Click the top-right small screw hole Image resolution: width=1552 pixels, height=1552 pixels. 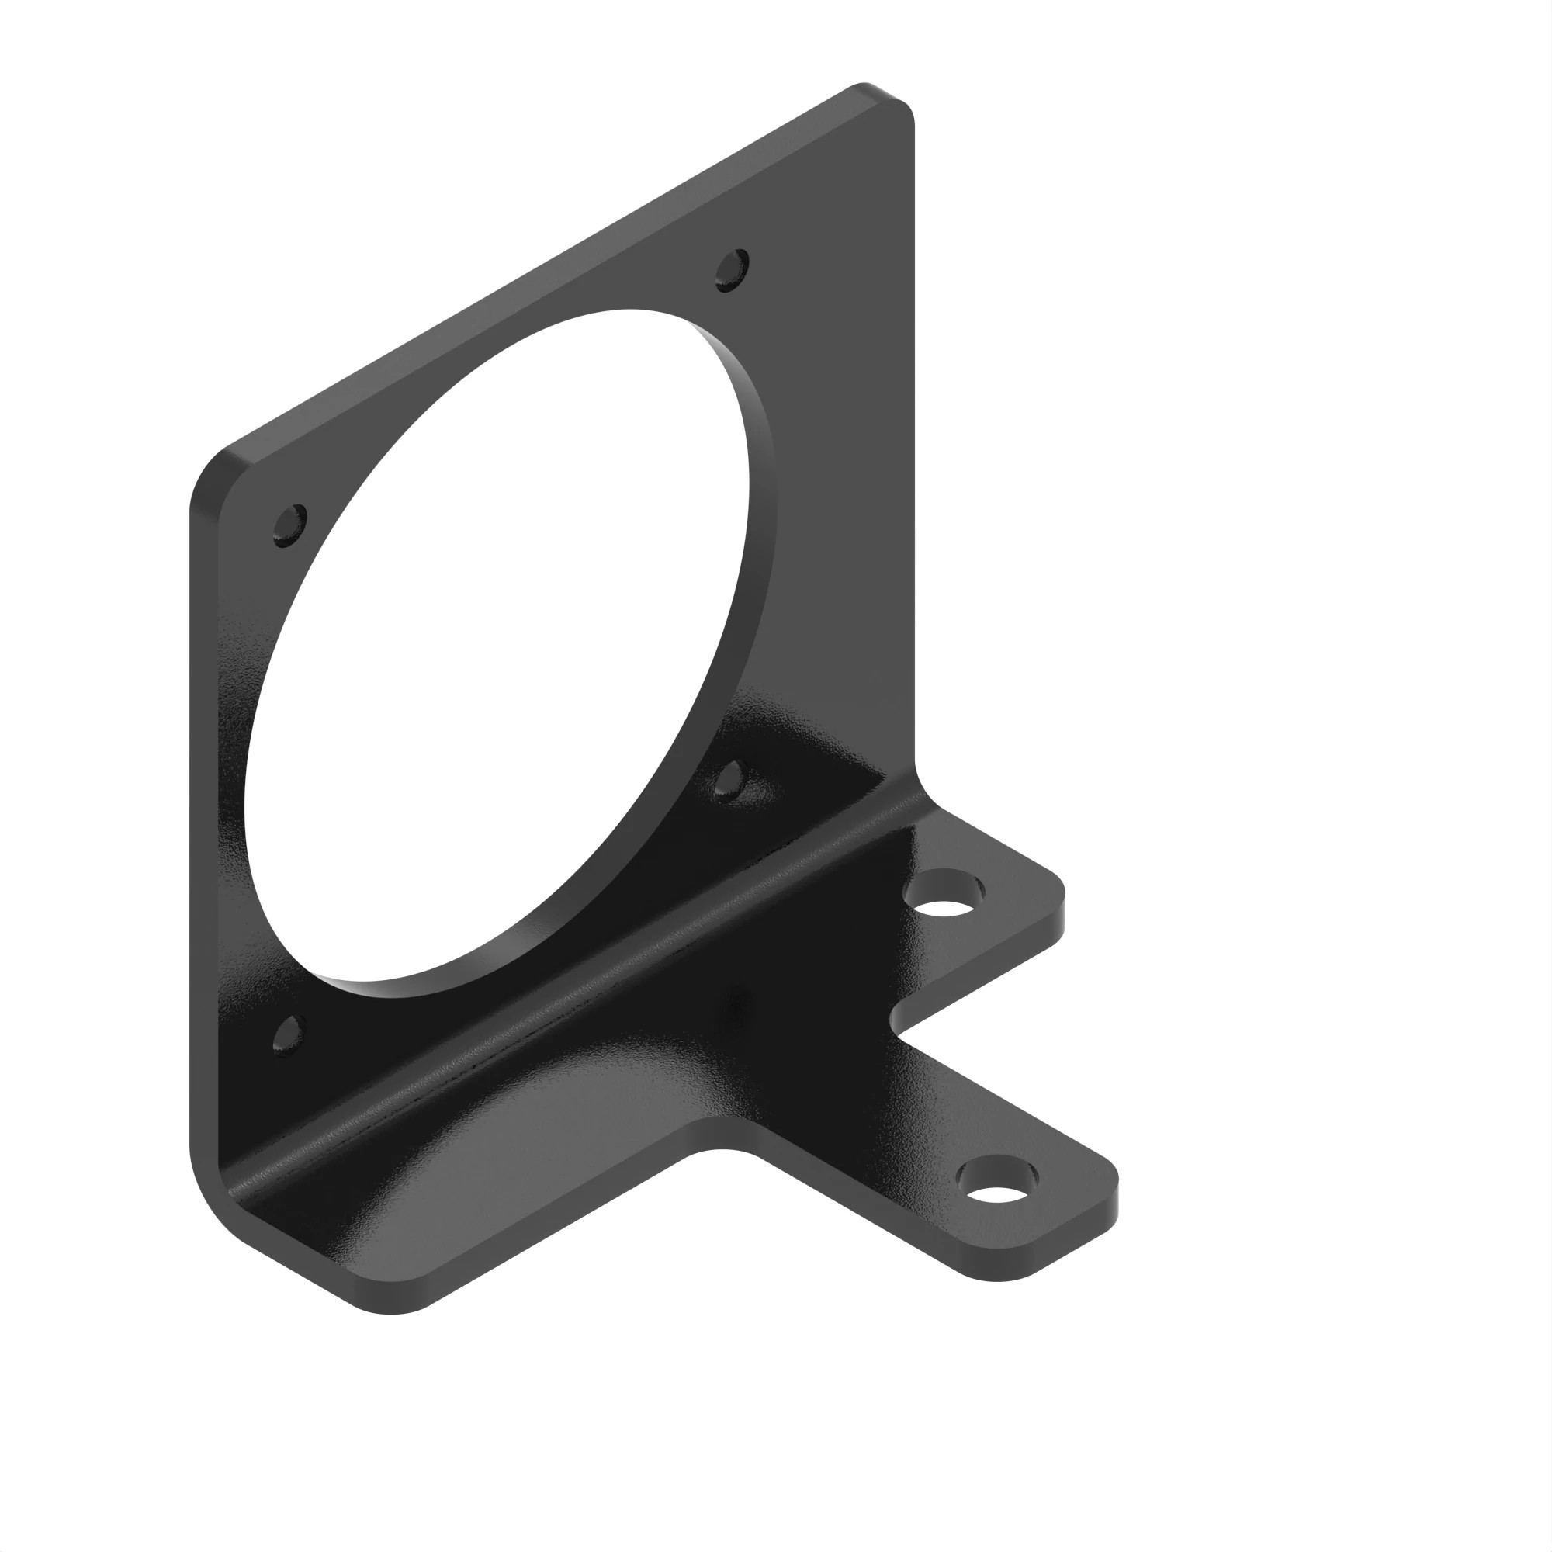(x=732, y=270)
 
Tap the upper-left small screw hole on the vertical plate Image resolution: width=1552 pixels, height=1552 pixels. (x=289, y=525)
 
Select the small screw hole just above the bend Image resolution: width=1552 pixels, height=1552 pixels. (x=729, y=781)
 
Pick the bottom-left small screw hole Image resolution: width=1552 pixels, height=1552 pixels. (x=289, y=1035)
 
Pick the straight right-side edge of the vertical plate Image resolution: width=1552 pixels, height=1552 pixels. (x=913, y=442)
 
